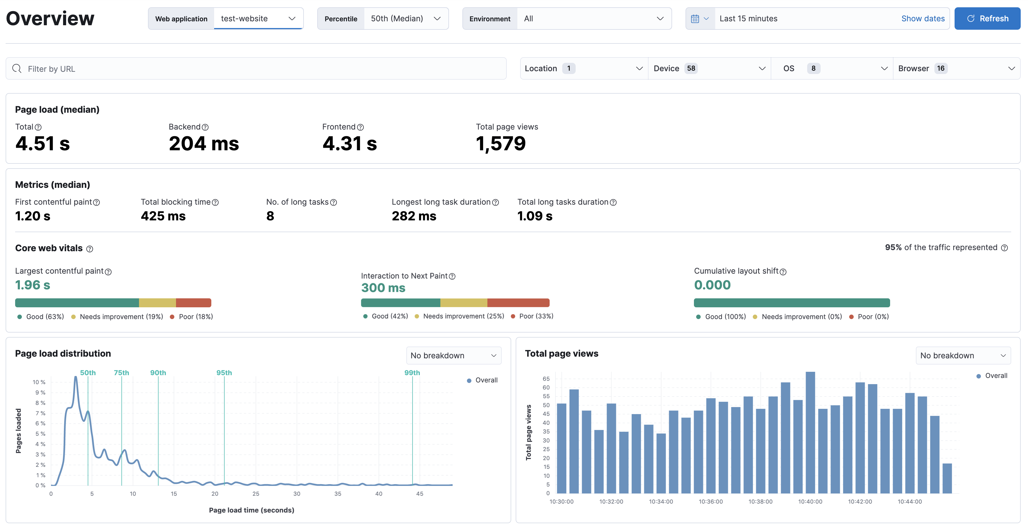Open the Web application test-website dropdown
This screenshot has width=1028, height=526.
[258, 19]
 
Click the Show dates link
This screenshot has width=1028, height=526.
[923, 19]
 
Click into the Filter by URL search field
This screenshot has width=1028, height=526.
[255, 69]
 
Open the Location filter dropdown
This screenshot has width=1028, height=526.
[583, 68]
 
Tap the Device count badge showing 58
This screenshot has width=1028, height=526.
[691, 68]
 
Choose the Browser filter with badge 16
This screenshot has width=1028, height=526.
[956, 68]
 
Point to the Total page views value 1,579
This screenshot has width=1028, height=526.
[501, 143]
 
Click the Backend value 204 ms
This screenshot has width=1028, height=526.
[203, 143]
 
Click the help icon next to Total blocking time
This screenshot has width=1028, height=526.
[216, 202]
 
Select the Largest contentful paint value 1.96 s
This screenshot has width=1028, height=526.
[33, 285]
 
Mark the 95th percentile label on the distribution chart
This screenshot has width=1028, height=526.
[224, 373]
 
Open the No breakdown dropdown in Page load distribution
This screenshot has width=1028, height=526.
[453, 356]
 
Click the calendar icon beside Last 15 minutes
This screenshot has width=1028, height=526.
[695, 19]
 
